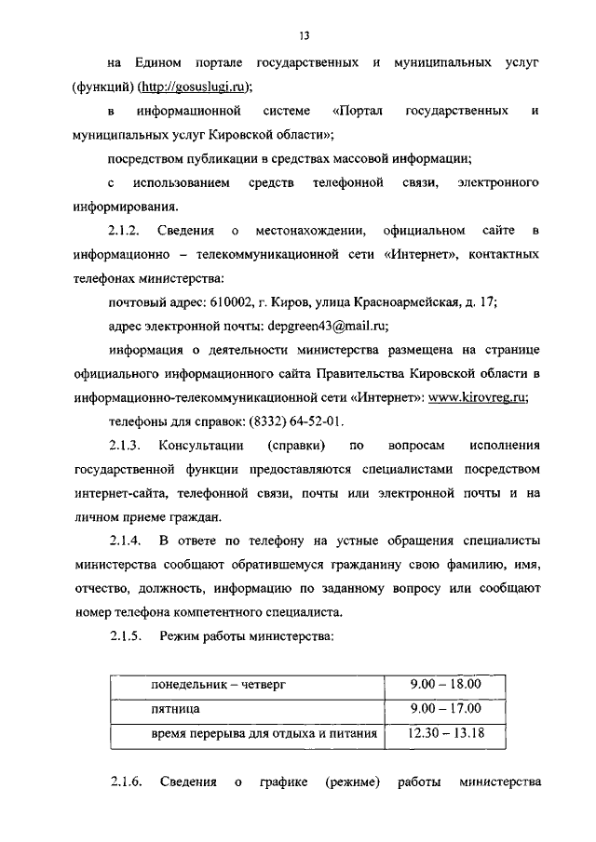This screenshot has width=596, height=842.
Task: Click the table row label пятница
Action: point(176,710)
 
